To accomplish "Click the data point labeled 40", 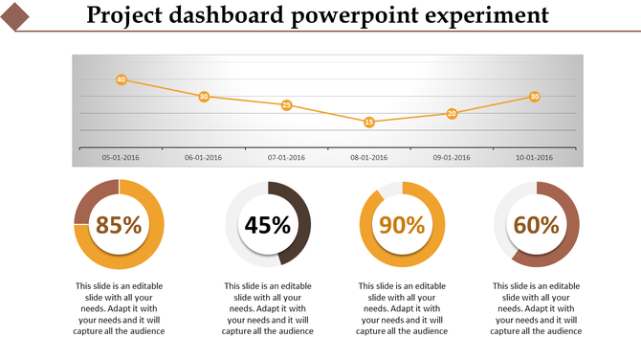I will [121, 79].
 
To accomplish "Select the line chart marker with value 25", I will [286, 105].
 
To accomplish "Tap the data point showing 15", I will [369, 122].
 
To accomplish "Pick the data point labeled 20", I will [452, 113].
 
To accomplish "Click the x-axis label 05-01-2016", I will [121, 158].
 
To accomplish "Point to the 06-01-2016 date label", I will [203, 158].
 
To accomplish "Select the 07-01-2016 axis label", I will [286, 158].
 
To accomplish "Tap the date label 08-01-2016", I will [369, 158].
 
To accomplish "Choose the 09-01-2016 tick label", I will [452, 158].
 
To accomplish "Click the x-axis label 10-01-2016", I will [534, 158].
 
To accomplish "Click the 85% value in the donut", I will [119, 225].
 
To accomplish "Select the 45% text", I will [268, 225].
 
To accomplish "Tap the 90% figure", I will [402, 225].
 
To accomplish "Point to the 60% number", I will [536, 225].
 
